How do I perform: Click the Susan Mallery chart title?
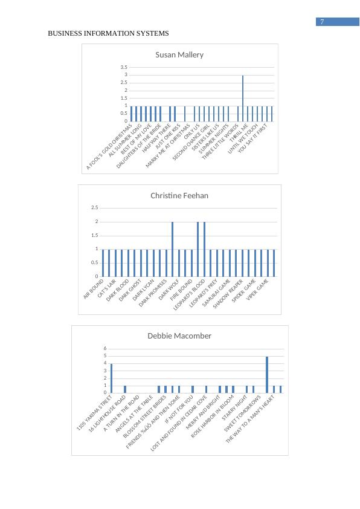pyautogui.click(x=179, y=55)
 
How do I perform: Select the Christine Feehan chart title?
pyautogui.click(x=179, y=196)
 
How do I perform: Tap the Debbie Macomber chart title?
pyautogui.click(x=179, y=336)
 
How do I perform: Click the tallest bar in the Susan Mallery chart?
pyautogui.click(x=243, y=98)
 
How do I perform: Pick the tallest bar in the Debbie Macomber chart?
pyautogui.click(x=267, y=374)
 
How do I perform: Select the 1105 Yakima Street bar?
pyautogui.click(x=112, y=378)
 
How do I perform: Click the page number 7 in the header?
pyautogui.click(x=323, y=22)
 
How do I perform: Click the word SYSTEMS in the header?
pyautogui.click(x=153, y=33)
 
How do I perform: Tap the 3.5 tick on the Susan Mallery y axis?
pyautogui.click(x=123, y=67)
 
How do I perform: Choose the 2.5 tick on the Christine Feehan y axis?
pyautogui.click(x=94, y=208)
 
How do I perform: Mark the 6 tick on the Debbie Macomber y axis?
pyautogui.click(x=104, y=349)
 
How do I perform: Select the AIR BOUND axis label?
pyautogui.click(x=94, y=288)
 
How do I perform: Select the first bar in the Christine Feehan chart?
pyautogui.click(x=103, y=263)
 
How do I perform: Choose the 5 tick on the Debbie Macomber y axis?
pyautogui.click(x=104, y=356)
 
